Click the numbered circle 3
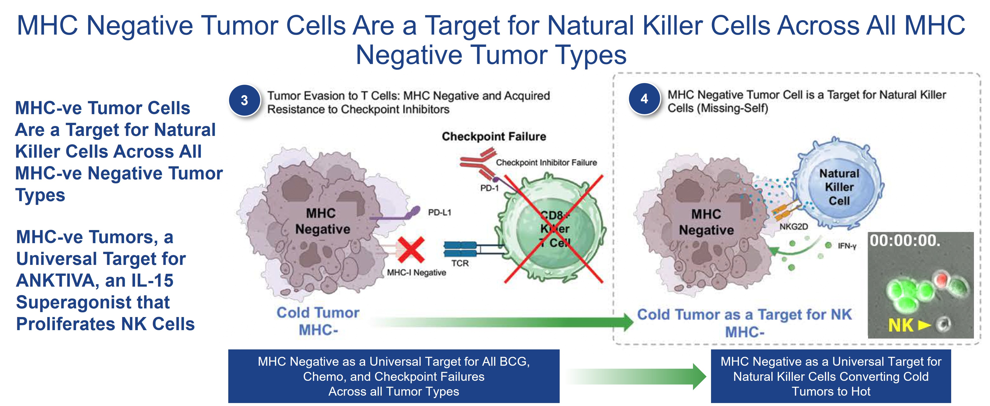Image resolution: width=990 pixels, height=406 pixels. pyautogui.click(x=244, y=101)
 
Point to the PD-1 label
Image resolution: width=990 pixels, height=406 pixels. pyautogui.click(x=489, y=188)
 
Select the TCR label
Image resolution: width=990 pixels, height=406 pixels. pyautogui.click(x=460, y=263)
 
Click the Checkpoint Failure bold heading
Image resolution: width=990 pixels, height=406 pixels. pyautogui.click(x=494, y=136)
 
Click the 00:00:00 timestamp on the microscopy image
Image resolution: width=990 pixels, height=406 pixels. pyautogui.click(x=905, y=241)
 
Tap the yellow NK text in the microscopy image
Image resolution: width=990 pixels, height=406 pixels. pyautogui.click(x=900, y=326)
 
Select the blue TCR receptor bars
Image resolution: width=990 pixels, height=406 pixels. pyautogui.click(x=460, y=249)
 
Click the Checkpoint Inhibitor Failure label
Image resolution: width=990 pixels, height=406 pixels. pyautogui.click(x=546, y=163)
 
